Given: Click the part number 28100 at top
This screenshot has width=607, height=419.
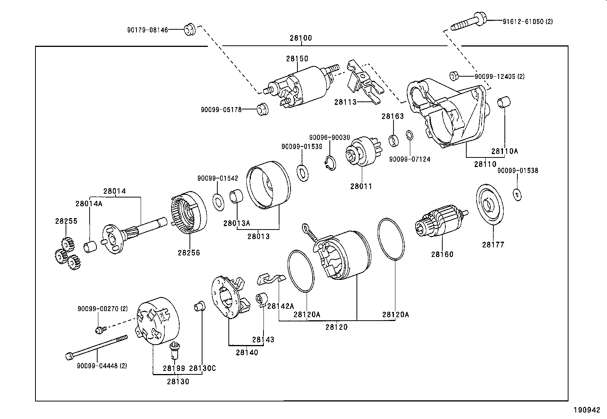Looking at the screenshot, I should (300, 38).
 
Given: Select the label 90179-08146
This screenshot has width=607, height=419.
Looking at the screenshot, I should (148, 30).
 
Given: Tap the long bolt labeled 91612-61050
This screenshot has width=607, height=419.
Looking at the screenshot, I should (468, 22).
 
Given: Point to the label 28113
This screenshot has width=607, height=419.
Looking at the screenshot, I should (345, 102).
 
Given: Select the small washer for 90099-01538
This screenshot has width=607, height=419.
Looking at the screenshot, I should (517, 194).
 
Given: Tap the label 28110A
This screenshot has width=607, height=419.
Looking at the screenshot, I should (504, 151).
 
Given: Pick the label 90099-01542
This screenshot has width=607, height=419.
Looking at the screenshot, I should (217, 178).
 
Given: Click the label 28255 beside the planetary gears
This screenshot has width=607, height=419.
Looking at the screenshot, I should (66, 221).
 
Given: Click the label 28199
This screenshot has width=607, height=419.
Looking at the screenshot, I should (174, 368).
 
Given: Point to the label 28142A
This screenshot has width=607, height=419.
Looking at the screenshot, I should (281, 306).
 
